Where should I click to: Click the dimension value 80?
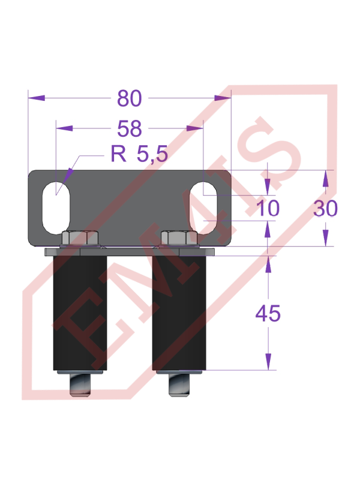(x=130, y=97)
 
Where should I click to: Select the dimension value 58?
(x=130, y=128)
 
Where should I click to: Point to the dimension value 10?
(x=268, y=208)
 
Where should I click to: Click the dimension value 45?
(x=268, y=313)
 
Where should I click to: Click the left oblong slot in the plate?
(x=56, y=204)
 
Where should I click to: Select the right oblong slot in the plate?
(x=204, y=205)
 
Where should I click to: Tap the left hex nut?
(x=80, y=239)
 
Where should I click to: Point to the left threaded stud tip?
(x=81, y=385)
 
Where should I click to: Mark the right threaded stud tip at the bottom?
(x=180, y=386)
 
